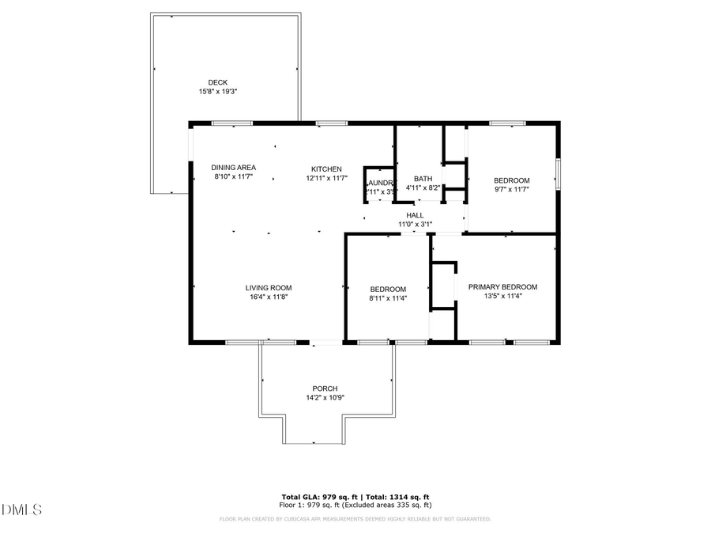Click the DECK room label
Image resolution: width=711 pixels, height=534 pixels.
(217, 82)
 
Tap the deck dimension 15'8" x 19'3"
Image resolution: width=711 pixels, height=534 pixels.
(217, 92)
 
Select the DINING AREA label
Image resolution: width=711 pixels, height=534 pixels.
(233, 168)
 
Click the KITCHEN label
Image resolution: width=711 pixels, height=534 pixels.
(326, 169)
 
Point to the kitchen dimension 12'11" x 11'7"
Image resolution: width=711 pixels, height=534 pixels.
(326, 179)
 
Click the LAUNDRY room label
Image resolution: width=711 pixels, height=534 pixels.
(380, 183)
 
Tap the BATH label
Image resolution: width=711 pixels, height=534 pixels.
(423, 179)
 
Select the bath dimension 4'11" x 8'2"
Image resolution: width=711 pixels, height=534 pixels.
(423, 188)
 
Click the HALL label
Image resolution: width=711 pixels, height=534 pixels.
(415, 215)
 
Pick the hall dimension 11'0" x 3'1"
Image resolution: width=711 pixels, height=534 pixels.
(415, 225)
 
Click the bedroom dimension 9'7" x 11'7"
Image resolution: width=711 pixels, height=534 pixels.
(511, 190)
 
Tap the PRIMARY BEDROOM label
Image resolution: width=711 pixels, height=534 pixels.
(502, 286)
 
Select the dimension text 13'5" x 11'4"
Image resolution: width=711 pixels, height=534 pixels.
(502, 297)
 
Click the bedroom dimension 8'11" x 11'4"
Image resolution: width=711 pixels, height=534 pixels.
(388, 299)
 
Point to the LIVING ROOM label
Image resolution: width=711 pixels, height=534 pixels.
(269, 288)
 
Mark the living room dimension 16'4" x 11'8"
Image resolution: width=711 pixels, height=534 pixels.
(269, 297)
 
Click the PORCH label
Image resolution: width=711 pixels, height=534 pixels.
(325, 388)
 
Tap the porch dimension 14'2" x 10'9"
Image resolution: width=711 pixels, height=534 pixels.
(325, 398)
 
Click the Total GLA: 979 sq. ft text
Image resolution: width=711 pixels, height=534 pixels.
(320, 496)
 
